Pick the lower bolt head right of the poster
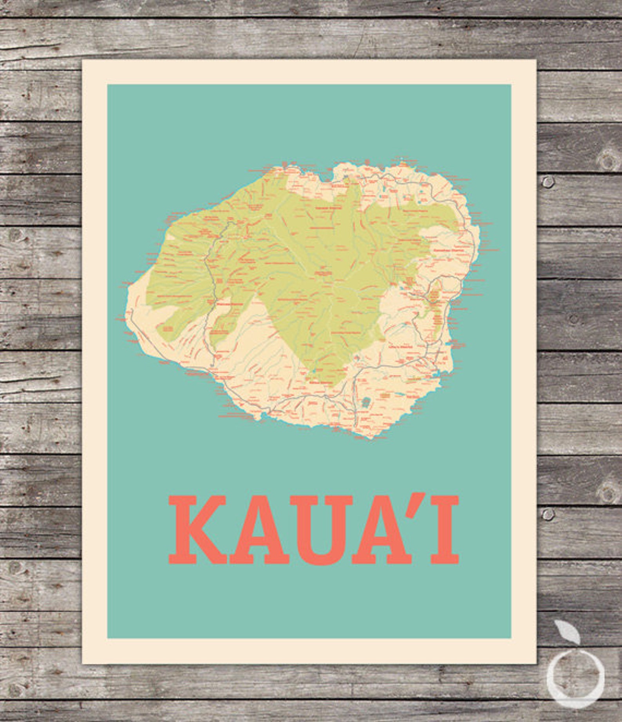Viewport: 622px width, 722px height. (548, 513)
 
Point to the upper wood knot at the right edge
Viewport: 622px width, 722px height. (607, 159)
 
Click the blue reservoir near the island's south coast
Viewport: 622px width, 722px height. (366, 402)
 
